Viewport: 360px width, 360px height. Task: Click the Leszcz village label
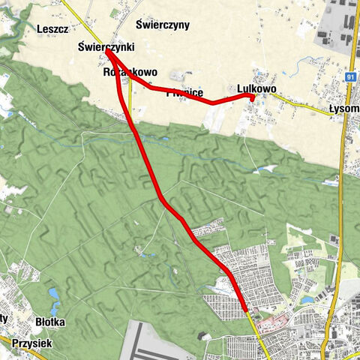click(52, 28)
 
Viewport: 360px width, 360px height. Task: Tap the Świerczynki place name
click(106, 46)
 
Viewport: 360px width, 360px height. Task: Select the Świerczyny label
click(163, 25)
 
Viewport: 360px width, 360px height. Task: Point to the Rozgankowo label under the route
click(129, 73)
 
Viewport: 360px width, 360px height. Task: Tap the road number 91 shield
click(350, 76)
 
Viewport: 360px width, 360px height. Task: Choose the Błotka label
click(50, 322)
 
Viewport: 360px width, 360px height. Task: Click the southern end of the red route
click(245, 308)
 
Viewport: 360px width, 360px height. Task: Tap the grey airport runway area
click(161, 341)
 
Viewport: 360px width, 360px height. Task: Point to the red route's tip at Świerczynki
click(108, 52)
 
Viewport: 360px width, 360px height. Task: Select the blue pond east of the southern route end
click(307, 301)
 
